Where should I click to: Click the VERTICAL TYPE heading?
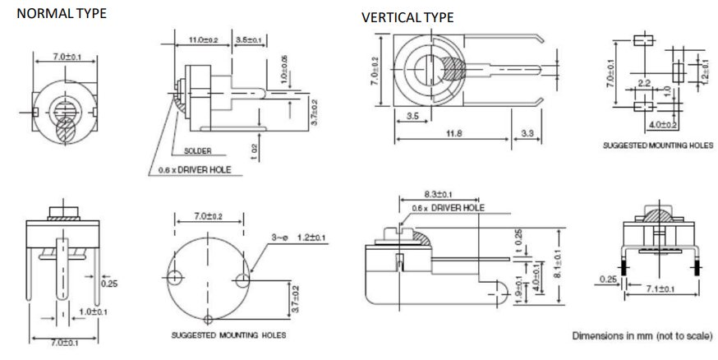click(x=407, y=17)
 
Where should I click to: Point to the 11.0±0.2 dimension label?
click(x=202, y=39)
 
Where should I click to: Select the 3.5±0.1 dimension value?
click(x=248, y=39)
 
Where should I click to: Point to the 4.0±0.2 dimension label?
click(x=663, y=124)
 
